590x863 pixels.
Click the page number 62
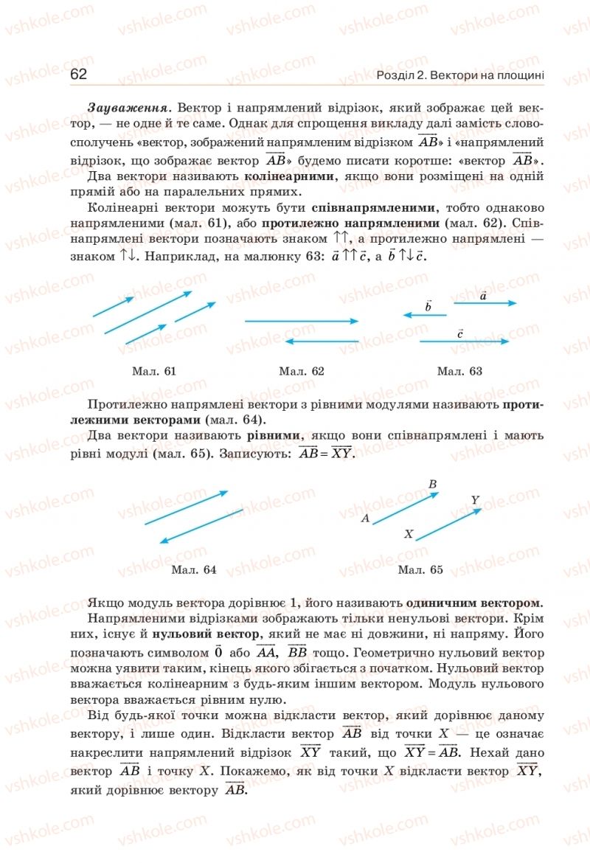point(79,74)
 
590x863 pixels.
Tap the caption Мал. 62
point(302,371)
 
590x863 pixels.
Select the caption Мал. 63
point(459,371)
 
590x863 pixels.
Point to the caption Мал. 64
point(193,569)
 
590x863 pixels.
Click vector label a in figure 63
point(483,296)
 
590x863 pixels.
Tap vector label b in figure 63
point(428,305)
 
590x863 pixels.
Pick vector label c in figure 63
point(459,333)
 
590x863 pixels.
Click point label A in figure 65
point(365,519)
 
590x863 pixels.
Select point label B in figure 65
point(433,485)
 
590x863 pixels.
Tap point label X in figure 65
point(408,533)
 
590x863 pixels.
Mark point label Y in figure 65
point(476,500)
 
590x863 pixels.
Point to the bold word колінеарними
point(290,176)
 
